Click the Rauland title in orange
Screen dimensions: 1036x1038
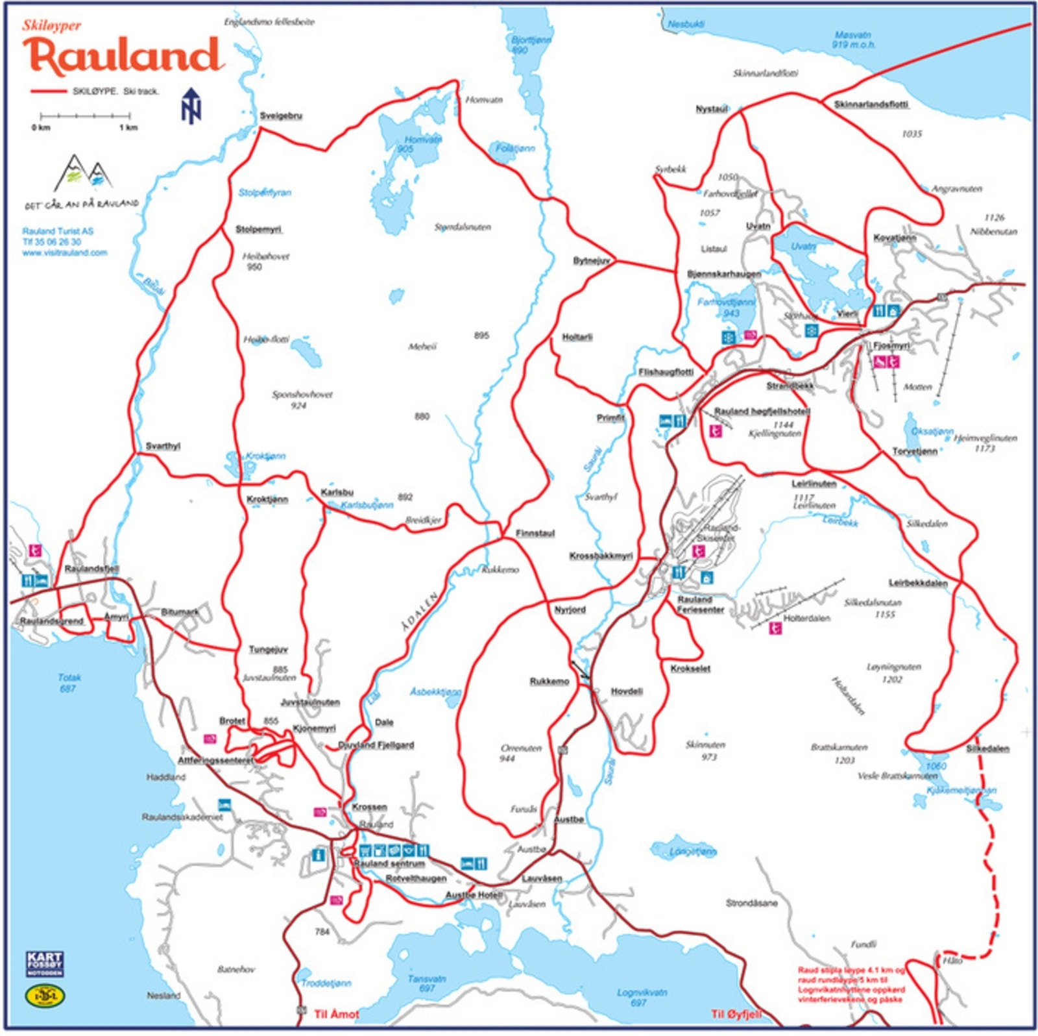click(123, 55)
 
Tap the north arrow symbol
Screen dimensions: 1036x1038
click(191, 106)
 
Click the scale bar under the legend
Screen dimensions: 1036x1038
click(84, 117)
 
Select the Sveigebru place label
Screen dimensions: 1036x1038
click(281, 116)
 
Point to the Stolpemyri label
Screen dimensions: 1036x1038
click(258, 230)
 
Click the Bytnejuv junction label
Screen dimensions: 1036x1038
click(591, 261)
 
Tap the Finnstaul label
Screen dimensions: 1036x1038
click(535, 534)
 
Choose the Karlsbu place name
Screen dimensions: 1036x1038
click(337, 493)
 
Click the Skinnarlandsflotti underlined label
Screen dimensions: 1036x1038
click(871, 105)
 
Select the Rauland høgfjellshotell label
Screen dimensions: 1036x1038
click(762, 412)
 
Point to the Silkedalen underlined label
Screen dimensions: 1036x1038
click(987, 748)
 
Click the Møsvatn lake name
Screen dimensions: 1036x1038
click(853, 40)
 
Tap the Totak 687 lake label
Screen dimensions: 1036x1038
click(69, 683)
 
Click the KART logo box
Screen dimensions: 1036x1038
click(45, 964)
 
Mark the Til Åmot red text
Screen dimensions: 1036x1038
click(336, 1014)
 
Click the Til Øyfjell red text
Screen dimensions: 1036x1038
click(736, 1014)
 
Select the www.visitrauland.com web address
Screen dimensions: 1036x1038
click(65, 253)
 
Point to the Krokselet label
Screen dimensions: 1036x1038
click(690, 669)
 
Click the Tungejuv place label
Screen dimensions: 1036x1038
click(268, 650)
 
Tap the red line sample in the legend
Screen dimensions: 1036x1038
click(49, 92)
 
